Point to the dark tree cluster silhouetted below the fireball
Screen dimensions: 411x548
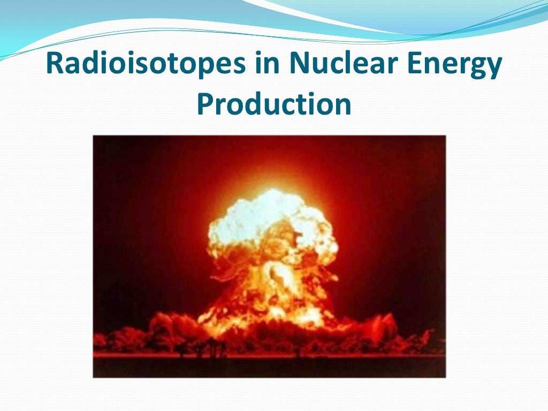coord(211,348)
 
